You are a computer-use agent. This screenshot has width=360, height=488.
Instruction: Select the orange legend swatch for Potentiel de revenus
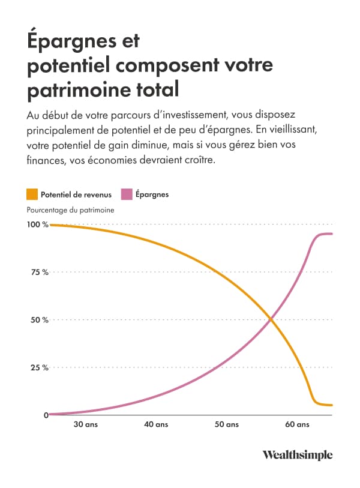click(32, 194)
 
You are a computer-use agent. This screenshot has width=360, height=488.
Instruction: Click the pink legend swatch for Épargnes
click(127, 194)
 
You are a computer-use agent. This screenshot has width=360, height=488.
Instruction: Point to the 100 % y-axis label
click(37, 224)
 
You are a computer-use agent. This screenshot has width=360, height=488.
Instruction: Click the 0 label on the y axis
click(46, 415)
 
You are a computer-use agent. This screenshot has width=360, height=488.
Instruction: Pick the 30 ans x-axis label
click(86, 425)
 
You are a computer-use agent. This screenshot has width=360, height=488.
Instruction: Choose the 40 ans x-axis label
click(157, 425)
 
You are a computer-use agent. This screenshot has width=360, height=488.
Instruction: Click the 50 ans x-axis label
click(227, 425)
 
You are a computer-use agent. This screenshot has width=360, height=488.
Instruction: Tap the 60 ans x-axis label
click(297, 425)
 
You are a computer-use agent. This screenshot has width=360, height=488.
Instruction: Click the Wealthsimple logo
click(297, 455)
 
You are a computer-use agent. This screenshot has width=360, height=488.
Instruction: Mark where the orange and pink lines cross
click(271, 320)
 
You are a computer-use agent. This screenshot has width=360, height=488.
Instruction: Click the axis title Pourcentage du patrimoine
click(70, 210)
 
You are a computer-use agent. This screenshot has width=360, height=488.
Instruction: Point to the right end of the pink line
click(332, 233)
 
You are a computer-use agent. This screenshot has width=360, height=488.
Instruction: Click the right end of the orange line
click(332, 405)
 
